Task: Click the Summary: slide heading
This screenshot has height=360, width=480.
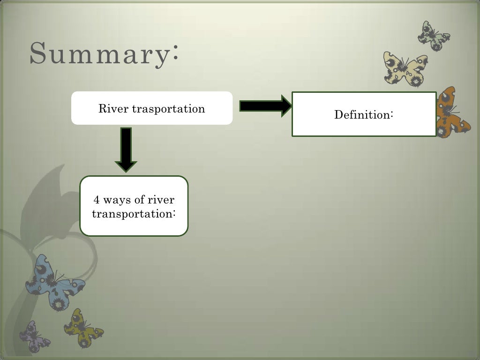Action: coord(104,54)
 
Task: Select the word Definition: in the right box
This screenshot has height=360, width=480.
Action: coord(363,114)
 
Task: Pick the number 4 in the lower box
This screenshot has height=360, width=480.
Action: coord(97,200)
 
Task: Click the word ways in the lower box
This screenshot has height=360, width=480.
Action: coord(117,201)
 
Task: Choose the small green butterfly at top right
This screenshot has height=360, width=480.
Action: coord(433,36)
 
